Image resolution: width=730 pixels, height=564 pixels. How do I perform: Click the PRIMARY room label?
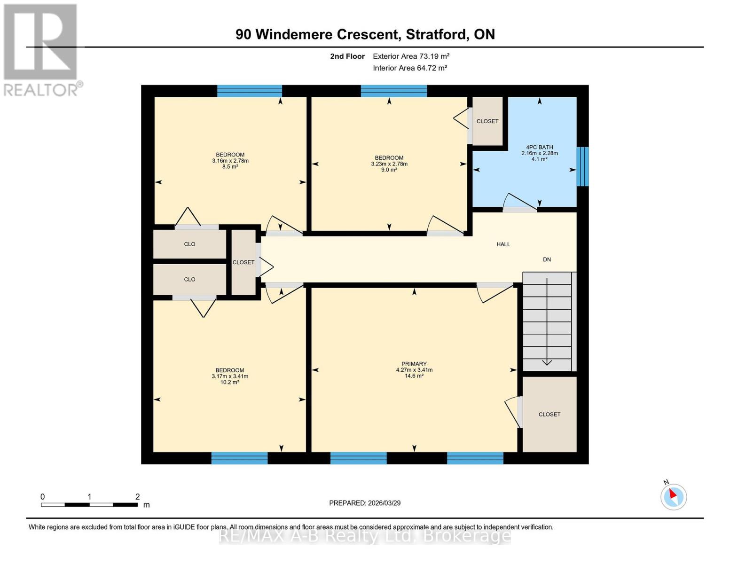(414, 364)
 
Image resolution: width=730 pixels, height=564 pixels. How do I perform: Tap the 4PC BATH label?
(539, 147)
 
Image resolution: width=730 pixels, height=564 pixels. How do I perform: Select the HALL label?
(503, 244)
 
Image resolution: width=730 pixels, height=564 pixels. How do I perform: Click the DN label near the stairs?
(547, 259)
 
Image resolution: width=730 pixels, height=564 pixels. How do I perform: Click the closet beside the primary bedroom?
(549, 414)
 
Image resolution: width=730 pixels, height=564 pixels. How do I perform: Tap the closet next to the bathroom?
(487, 121)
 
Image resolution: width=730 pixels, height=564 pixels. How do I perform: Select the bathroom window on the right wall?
(582, 166)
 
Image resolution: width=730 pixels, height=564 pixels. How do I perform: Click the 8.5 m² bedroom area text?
(230, 167)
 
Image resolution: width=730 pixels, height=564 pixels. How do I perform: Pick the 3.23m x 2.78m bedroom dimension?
(389, 164)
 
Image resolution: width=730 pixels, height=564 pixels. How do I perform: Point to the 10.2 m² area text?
(229, 383)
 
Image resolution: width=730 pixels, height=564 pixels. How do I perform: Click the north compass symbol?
(673, 496)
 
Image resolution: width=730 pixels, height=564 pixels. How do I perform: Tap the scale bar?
(89, 505)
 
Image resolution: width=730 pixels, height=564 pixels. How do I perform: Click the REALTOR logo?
(41, 49)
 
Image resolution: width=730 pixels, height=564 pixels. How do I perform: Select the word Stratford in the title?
(436, 34)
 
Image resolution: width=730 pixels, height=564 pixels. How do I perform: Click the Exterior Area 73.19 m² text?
(411, 56)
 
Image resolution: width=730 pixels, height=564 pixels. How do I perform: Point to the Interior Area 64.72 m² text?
(409, 68)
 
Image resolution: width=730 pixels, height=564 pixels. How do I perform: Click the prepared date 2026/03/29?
(365, 503)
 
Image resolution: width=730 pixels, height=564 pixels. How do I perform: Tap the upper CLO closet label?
(189, 244)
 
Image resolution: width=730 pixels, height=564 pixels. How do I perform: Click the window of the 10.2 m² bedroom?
(239, 458)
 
